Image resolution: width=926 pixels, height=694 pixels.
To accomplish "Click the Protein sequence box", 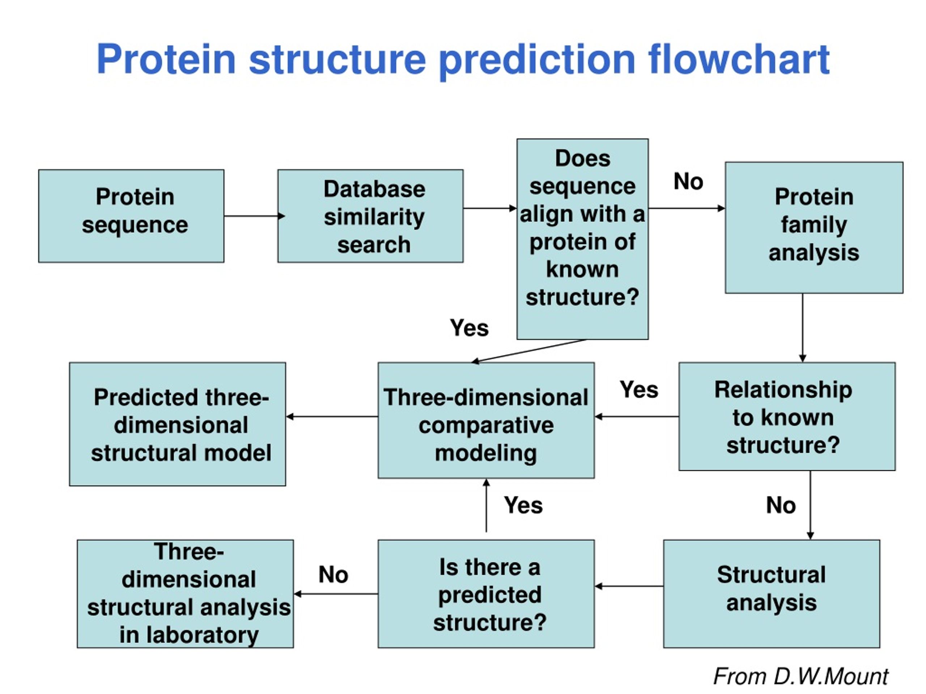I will (131, 216).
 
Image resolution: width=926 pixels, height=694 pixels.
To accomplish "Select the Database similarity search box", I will (370, 216).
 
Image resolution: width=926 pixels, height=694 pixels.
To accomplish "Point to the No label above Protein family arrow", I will (688, 181).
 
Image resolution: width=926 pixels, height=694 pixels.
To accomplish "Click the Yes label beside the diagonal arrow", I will (469, 327).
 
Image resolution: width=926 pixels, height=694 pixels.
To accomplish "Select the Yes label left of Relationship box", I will (638, 389).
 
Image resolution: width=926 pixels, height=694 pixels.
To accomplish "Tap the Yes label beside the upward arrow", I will (523, 505).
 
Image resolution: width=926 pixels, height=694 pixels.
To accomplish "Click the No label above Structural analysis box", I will (780, 505).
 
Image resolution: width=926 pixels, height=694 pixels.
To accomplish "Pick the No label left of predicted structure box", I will (333, 574).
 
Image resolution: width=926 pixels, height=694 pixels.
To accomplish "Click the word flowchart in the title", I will (739, 59).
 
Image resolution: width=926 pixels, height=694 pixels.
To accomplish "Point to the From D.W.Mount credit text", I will (800, 676).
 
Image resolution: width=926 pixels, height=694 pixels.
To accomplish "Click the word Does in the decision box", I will (582, 159).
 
